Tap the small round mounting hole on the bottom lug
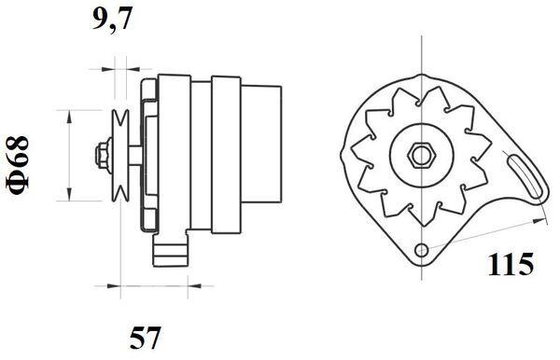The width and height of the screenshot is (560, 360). pos(423,250)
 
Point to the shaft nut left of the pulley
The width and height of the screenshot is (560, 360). pos(100,153)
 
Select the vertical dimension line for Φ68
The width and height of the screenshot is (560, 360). pos(70,154)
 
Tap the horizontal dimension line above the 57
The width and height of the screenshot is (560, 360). pos(140,280)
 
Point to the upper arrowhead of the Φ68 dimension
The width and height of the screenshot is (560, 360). pos(70,111)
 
